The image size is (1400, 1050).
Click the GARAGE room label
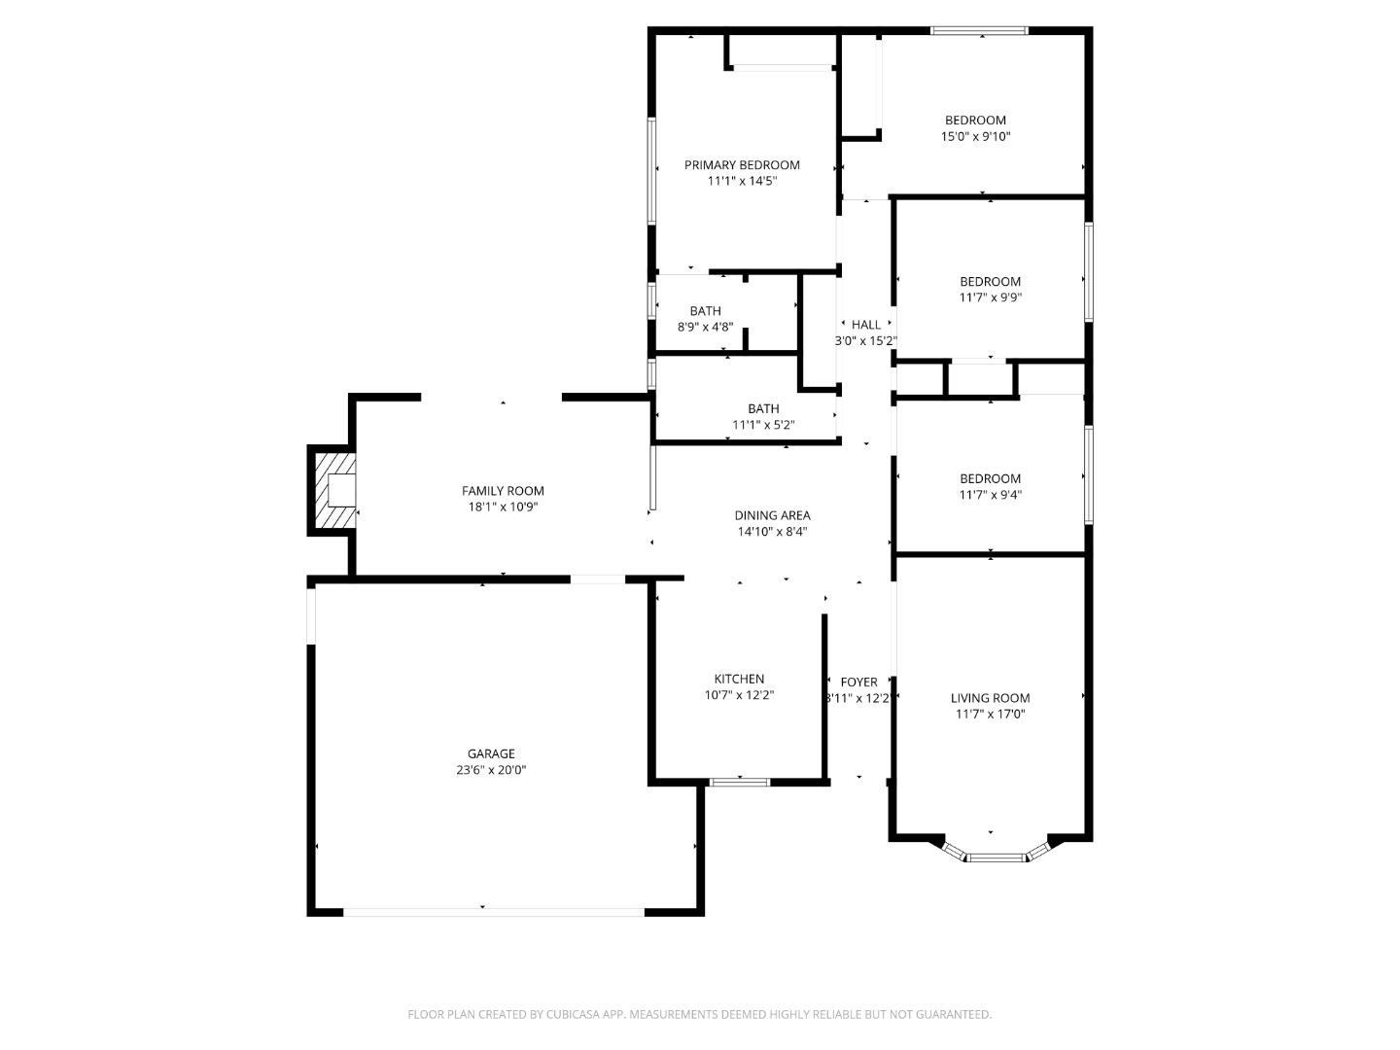[491, 753]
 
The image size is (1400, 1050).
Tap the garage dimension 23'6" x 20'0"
[491, 770]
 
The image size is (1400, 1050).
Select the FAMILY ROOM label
[503, 491]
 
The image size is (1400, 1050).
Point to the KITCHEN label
[739, 679]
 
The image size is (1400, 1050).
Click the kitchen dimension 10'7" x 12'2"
[739, 695]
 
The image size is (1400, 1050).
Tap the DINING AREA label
[772, 515]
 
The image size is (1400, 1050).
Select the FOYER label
[858, 682]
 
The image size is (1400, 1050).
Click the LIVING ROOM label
[990, 698]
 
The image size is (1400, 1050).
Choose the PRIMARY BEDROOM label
[742, 165]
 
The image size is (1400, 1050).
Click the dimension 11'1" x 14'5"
[742, 181]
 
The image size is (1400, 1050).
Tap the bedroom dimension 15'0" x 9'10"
[975, 137]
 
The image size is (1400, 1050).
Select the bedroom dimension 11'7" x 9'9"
[990, 298]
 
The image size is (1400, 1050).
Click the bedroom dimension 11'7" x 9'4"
[990, 495]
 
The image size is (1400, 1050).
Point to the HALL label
[865, 325]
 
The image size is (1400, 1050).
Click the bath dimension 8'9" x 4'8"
[705, 328]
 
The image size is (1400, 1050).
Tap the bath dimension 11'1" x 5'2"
[763, 425]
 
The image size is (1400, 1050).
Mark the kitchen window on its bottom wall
[740, 782]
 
